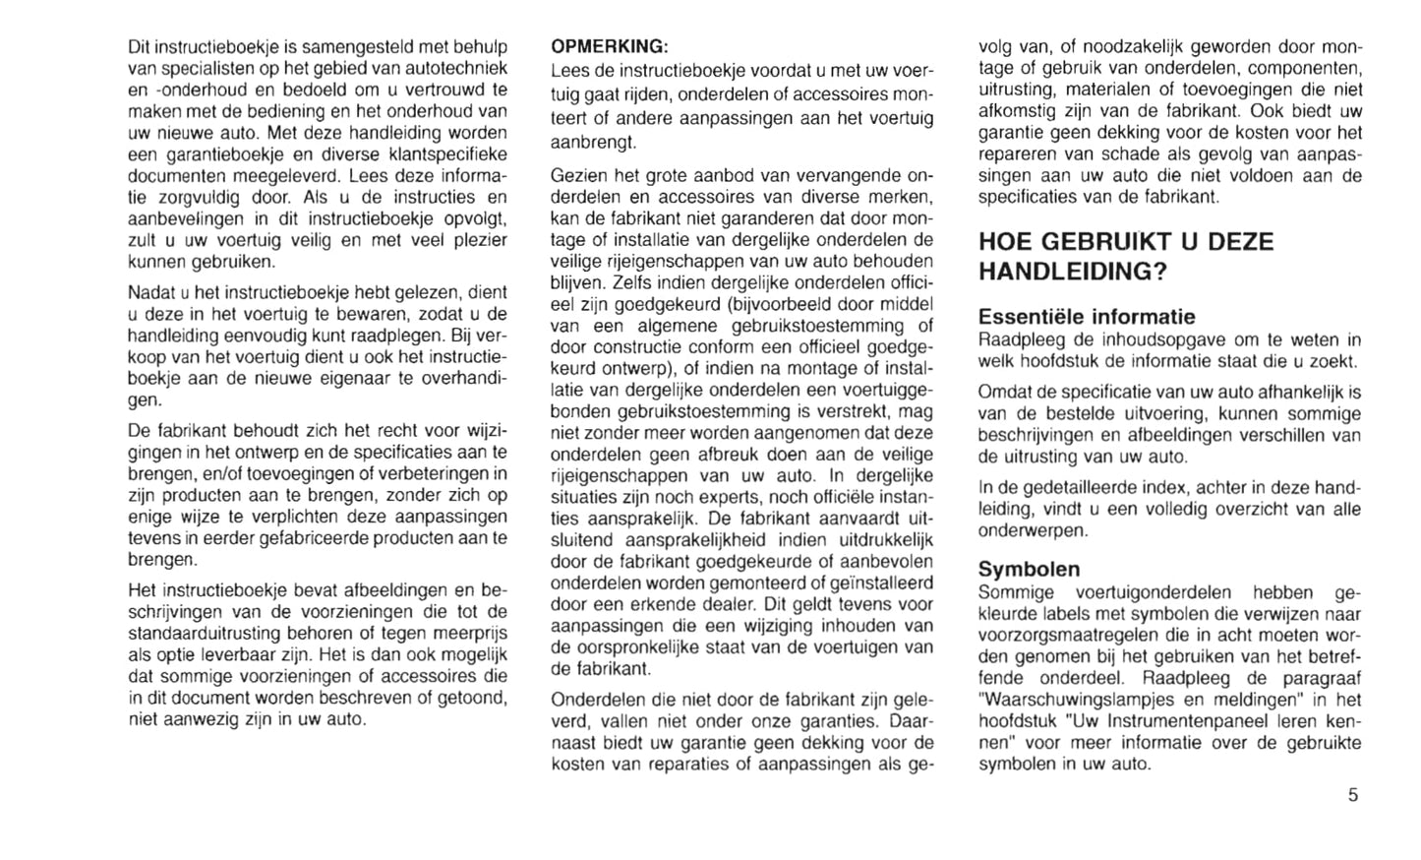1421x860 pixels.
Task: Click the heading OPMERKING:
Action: coord(610,46)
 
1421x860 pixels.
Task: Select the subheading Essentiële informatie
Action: coord(1087,317)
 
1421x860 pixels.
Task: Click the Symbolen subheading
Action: coord(1029,569)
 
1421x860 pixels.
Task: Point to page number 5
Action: coord(1352,795)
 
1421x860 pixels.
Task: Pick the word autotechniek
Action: coord(459,68)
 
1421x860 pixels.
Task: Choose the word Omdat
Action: coord(1003,393)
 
